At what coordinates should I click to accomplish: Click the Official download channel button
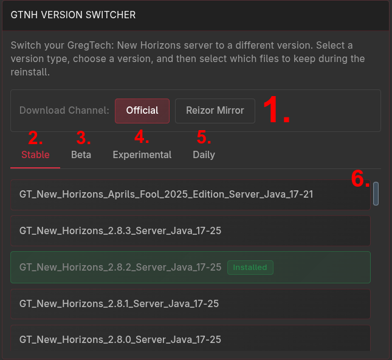pos(142,111)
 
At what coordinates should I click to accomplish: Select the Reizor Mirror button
pos(215,111)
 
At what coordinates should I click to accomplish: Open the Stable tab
pos(35,154)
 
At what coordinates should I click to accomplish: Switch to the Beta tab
pos(81,154)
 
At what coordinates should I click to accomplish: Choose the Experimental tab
pos(142,154)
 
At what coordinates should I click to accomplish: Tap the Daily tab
pos(204,154)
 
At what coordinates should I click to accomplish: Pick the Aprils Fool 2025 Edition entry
pos(190,195)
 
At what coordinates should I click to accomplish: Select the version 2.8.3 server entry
pos(190,230)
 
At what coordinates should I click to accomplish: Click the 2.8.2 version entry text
pos(120,267)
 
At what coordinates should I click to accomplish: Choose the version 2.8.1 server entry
pos(190,304)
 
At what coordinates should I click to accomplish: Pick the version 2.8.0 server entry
pos(190,338)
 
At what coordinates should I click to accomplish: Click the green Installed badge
pos(250,268)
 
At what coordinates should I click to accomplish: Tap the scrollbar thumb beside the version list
pos(376,193)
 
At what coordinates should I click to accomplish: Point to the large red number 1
pos(277,109)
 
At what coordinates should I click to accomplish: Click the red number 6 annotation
pos(360,178)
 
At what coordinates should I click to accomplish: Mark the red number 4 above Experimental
pos(142,137)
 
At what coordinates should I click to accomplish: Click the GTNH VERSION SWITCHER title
pos(73,15)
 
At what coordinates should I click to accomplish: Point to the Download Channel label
pos(64,110)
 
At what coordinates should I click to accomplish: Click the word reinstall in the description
pos(30,72)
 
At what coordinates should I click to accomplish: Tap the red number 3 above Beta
pos(83,137)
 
